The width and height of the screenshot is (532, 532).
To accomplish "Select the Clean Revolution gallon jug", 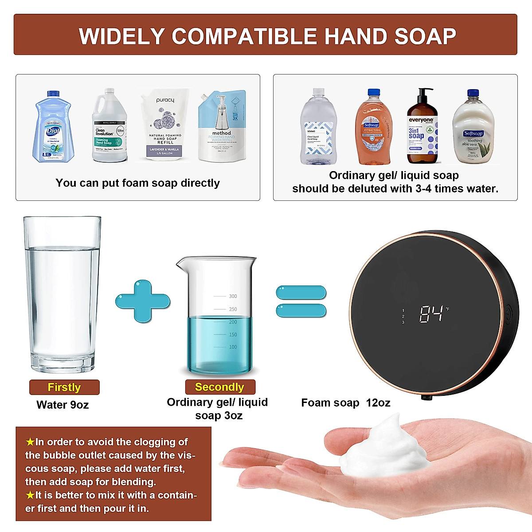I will tap(109, 126).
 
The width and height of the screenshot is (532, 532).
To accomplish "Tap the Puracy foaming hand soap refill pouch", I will tap(165, 126).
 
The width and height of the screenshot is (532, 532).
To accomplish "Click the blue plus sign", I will tap(143, 301).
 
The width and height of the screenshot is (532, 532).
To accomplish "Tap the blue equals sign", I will tap(301, 301).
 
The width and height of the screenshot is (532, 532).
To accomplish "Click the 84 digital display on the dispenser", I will tap(431, 314).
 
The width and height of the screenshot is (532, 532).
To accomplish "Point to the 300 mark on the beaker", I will tap(233, 296).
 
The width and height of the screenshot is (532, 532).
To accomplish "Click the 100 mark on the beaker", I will tap(233, 347).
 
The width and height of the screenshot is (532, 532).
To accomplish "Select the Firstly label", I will tap(64, 387).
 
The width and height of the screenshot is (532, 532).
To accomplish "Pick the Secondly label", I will tap(219, 387).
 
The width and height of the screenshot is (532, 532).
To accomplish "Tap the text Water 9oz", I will tap(63, 405).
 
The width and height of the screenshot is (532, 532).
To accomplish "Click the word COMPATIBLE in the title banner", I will tap(244, 36).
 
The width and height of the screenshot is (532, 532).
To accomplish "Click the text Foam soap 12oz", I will tap(346, 403).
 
